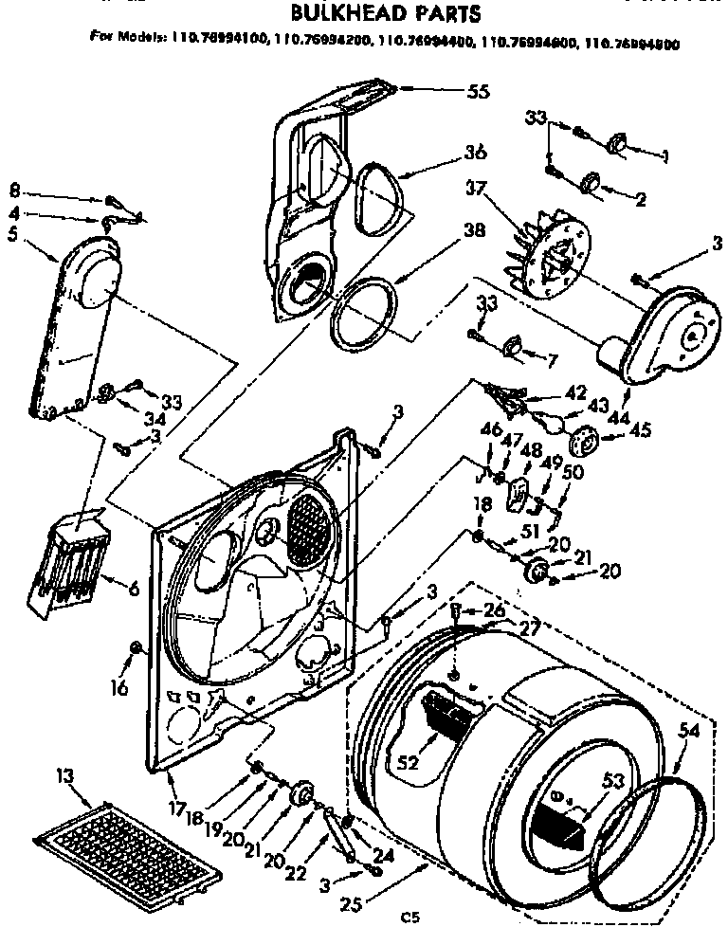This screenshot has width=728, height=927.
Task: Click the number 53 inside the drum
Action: pyautogui.click(x=615, y=780)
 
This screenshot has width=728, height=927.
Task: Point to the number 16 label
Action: pyautogui.click(x=118, y=688)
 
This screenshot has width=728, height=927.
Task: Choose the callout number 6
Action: pyautogui.click(x=133, y=588)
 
